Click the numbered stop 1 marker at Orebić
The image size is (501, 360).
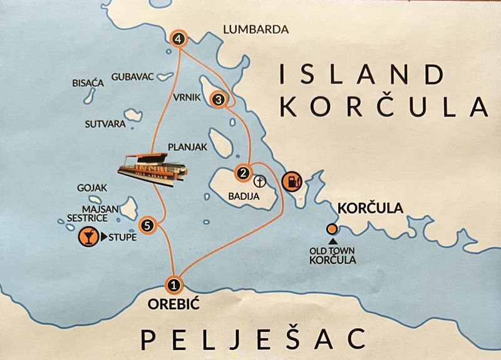175,285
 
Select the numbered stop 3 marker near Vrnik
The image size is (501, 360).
219,99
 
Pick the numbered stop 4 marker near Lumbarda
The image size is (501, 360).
180,39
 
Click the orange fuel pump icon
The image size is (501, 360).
291,182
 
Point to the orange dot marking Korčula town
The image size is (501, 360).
331,229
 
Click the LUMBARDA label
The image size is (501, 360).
255,29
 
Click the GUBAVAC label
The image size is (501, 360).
132,76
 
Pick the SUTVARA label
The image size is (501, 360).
105,124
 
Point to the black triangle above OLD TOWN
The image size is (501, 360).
332,241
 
